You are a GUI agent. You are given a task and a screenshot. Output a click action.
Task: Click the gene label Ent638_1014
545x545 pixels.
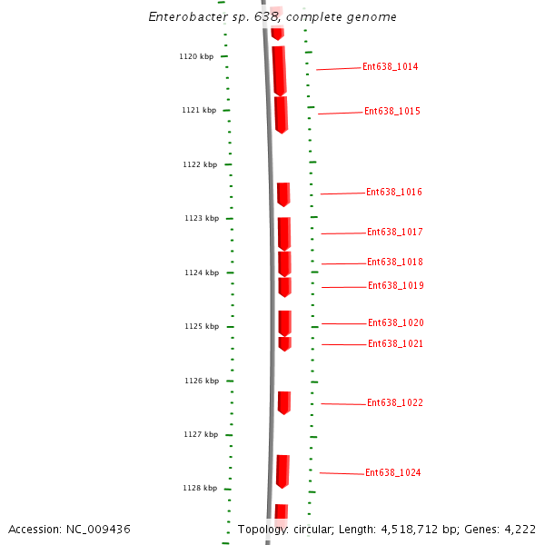coord(390,66)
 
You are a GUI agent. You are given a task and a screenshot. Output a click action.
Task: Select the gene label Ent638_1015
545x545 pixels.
coord(391,111)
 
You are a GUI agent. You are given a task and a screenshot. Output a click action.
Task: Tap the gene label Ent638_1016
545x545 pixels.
coord(393,192)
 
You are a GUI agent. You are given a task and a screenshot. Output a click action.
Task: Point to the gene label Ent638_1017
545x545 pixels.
coord(394,232)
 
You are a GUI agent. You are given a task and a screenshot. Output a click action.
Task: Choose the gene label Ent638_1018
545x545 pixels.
coord(394,262)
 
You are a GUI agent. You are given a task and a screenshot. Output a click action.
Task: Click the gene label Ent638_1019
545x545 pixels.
coord(395,285)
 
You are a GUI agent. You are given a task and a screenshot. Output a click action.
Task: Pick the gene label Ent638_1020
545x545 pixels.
coord(395,322)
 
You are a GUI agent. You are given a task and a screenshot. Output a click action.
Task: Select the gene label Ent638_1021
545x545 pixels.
coord(395,343)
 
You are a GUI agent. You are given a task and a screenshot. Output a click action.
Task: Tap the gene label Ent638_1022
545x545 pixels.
coord(394,402)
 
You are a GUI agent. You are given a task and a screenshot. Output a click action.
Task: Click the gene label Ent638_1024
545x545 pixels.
coord(392,472)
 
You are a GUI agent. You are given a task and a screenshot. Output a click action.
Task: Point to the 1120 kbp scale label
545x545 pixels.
coord(196,56)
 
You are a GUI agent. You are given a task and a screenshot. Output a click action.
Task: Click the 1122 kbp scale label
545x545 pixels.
coord(200,164)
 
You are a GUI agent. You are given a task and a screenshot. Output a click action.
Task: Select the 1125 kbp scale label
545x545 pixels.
coord(202,326)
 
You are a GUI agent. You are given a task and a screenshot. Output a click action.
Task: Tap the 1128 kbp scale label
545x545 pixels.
coord(200,488)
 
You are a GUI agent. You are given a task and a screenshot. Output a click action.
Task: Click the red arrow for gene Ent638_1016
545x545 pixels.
coord(283,194)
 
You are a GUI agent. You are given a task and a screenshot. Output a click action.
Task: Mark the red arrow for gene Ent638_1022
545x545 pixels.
coord(283,402)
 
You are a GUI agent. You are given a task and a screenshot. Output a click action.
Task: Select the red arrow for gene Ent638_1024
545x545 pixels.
coord(282,471)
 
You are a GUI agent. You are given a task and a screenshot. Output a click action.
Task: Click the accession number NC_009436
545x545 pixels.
coord(99,529)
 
